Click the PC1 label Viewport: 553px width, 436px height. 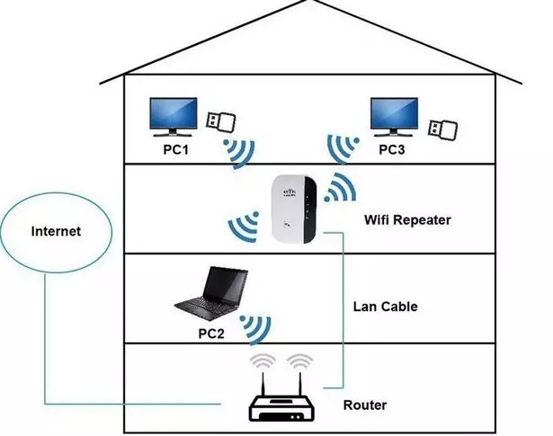click(x=175, y=149)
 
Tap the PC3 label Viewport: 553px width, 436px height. click(x=392, y=149)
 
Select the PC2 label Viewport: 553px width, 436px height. click(x=211, y=334)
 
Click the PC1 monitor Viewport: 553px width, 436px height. click(x=174, y=117)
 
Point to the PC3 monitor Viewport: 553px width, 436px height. click(x=394, y=117)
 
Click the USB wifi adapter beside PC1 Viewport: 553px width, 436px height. click(x=221, y=121)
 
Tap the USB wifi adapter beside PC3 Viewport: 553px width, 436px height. click(x=442, y=129)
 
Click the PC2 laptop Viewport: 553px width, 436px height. click(x=211, y=294)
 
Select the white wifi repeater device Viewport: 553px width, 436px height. click(x=294, y=209)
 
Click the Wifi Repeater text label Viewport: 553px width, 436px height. click(x=407, y=220)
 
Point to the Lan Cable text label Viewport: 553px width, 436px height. click(x=385, y=307)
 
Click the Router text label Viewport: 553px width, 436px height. click(x=365, y=405)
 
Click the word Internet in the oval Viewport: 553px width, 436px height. click(x=56, y=231)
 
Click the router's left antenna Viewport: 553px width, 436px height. click(x=263, y=384)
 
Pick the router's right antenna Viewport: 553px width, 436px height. click(x=299, y=384)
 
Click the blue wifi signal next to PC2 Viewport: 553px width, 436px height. click(x=256, y=330)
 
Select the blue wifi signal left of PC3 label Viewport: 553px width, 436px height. click(x=342, y=149)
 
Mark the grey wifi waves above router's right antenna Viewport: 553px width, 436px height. click(x=299, y=361)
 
